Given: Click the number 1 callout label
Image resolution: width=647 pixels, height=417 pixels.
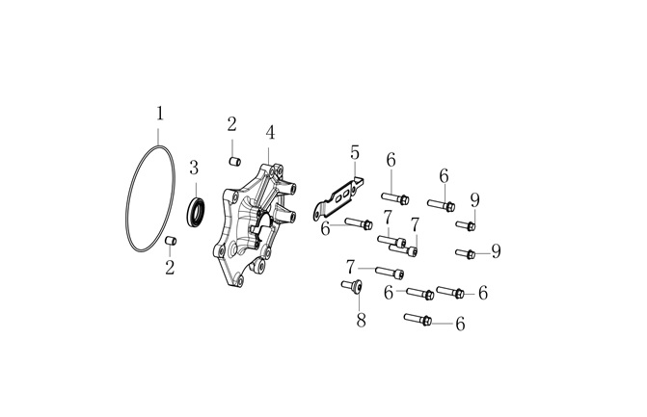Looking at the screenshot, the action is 160,114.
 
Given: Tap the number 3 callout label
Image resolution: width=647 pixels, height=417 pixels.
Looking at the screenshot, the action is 194,169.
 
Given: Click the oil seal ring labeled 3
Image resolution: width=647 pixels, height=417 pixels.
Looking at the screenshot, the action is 196,212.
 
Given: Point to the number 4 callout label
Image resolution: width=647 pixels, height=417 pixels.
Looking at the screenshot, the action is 270,133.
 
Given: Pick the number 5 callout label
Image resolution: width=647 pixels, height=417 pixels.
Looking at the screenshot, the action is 355,152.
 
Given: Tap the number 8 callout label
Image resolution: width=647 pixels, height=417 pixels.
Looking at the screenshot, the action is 361,320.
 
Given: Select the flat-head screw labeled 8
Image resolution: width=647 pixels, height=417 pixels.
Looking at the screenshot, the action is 352,285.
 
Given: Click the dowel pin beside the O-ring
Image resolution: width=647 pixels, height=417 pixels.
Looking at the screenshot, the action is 171,240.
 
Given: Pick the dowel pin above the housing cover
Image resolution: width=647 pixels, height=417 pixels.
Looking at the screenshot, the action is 234,161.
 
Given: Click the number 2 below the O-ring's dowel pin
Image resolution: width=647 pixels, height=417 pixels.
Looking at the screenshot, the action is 170,268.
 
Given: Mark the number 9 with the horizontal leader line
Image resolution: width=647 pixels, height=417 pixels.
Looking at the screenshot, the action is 496,251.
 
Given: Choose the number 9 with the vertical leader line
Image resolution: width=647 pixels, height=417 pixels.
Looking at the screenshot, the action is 475,200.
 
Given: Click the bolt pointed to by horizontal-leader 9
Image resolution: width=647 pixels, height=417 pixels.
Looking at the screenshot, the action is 466,253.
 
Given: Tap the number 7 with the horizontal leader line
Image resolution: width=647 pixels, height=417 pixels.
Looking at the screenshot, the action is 350,267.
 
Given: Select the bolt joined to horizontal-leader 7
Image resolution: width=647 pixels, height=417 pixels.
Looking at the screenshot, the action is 390,272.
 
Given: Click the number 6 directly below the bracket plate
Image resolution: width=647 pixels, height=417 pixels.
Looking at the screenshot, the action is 326,229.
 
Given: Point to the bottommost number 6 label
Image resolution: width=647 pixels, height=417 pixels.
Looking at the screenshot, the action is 461,324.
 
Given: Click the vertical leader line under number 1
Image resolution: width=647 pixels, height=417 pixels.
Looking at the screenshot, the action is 160,134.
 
